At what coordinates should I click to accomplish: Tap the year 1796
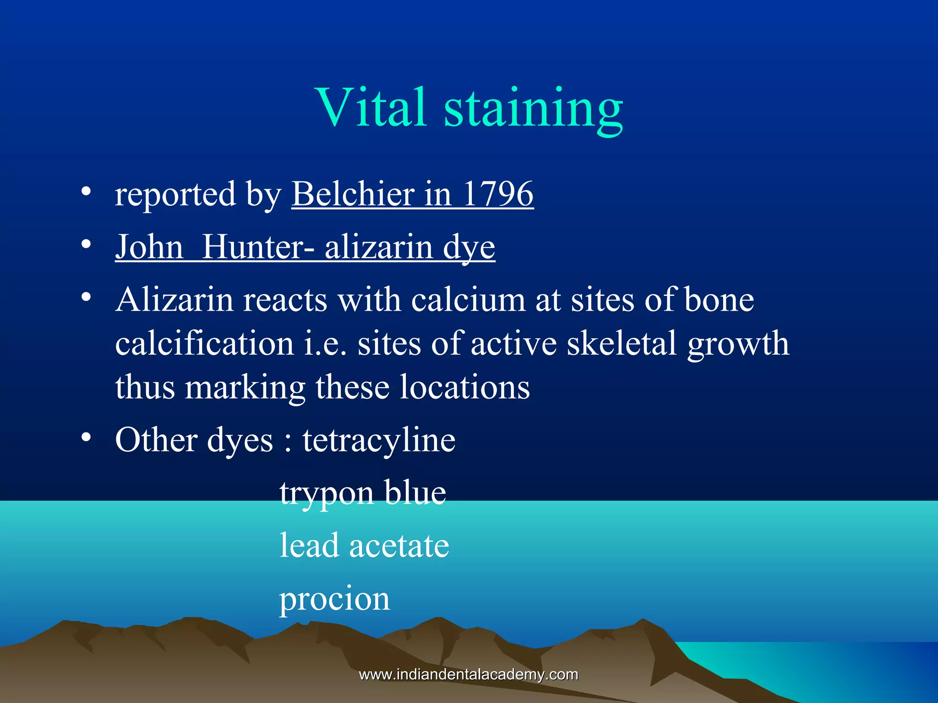point(498,194)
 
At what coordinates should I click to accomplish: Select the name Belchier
point(353,194)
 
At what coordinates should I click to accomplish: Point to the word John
point(149,247)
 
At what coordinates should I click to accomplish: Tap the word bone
point(719,300)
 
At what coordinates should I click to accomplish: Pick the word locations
point(464,387)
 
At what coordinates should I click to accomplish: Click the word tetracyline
point(379,440)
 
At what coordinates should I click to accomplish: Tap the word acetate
point(399,546)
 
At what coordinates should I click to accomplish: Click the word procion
point(335,599)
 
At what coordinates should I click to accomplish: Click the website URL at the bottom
point(469,674)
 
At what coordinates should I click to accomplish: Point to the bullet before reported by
point(86,192)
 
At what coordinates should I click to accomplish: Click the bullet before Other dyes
point(86,438)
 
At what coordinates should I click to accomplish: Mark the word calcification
point(204,344)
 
